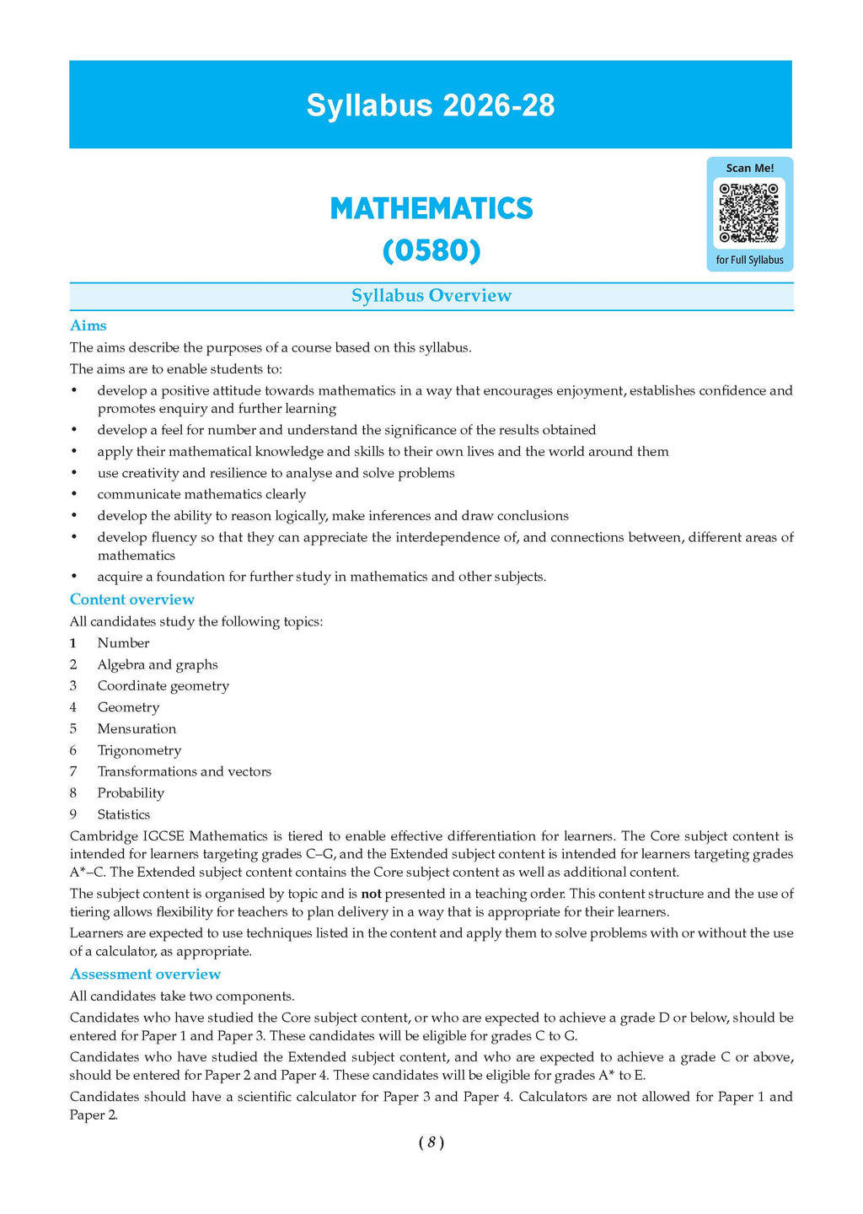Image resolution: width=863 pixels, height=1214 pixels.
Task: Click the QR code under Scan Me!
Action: tap(749, 212)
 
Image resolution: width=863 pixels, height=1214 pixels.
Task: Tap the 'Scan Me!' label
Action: tap(749, 168)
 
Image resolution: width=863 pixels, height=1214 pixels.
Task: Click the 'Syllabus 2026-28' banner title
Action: tap(431, 105)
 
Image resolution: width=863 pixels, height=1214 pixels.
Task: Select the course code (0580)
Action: tap(431, 250)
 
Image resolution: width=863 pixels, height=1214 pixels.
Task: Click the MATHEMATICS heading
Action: tap(431, 208)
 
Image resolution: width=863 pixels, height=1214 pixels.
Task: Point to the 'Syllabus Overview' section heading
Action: tap(431, 295)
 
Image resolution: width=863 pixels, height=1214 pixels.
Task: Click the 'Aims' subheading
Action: tap(88, 325)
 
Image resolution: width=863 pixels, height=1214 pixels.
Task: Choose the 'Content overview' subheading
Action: tap(132, 599)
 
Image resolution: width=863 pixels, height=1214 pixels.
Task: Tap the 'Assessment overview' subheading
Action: tap(145, 974)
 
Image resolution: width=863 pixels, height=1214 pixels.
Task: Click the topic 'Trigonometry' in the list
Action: tap(139, 750)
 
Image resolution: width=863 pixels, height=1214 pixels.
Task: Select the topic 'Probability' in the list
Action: tap(131, 792)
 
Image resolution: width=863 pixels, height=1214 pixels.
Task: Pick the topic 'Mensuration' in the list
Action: tap(137, 728)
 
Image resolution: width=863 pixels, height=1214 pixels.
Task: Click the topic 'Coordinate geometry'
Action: tap(163, 685)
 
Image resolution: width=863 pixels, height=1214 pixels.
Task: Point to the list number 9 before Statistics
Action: tap(73, 814)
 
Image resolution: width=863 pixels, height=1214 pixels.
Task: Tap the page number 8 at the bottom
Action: tap(431, 1142)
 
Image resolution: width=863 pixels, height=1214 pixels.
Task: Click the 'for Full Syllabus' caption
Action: tap(749, 260)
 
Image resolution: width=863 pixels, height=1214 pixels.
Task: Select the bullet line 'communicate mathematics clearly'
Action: tap(201, 494)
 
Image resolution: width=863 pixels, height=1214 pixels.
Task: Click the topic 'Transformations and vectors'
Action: tap(184, 771)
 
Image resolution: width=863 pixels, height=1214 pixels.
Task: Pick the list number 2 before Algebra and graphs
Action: tap(73, 664)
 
